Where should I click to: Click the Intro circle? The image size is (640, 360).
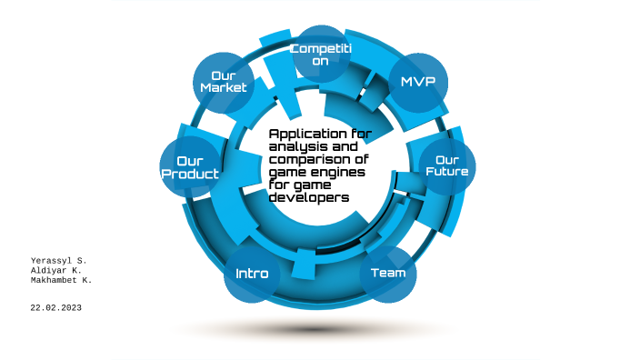252,273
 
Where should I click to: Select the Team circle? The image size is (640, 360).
388,273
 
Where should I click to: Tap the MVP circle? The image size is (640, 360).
418,82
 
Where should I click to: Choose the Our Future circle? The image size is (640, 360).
446,165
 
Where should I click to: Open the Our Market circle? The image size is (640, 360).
224,82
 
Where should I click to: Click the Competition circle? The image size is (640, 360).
321,54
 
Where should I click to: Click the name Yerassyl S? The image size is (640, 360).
58,261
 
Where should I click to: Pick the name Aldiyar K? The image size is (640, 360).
55,271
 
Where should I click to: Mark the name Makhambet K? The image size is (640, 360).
62,281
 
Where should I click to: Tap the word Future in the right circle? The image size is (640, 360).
446,172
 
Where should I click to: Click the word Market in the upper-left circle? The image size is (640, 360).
224,88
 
